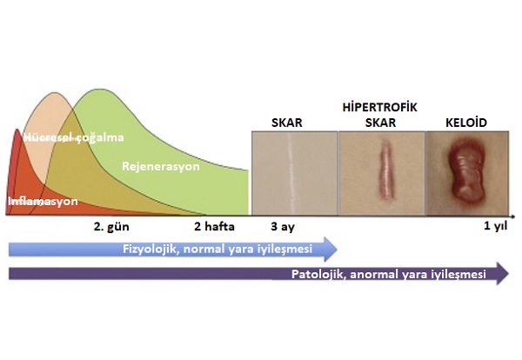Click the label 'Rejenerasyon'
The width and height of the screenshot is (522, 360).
point(161,166)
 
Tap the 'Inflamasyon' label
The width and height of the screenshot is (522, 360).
point(43,201)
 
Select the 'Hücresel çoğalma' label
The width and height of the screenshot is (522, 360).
point(74,137)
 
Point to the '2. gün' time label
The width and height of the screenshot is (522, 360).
point(111,227)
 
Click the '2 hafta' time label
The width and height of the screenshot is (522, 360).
point(214,227)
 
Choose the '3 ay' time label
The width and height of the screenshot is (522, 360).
point(283,227)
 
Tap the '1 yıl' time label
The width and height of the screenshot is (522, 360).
point(495,226)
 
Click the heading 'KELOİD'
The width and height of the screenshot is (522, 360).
point(466,123)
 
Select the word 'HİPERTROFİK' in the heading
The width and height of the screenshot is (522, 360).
point(380,107)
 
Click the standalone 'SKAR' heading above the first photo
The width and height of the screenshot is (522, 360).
point(287,123)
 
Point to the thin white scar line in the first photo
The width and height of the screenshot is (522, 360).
point(291,174)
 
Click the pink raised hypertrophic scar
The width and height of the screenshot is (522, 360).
point(385,170)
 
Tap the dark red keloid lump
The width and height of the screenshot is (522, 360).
point(465,170)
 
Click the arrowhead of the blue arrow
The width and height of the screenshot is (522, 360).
point(331,250)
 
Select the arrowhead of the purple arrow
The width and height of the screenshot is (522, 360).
point(503,274)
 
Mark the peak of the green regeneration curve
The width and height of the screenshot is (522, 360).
point(99,90)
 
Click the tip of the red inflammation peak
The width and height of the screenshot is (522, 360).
point(17,130)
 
